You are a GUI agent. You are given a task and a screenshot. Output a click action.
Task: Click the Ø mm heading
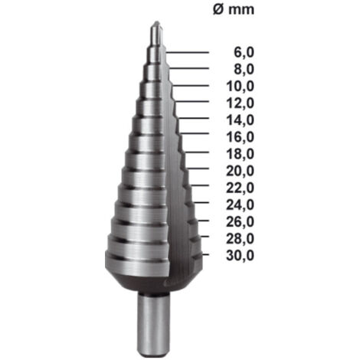tap(234, 9)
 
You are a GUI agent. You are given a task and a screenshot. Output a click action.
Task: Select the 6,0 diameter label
tap(244, 53)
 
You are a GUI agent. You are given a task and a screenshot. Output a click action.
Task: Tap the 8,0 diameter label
tap(244, 70)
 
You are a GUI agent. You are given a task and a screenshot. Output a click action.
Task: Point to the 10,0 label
tap(241, 87)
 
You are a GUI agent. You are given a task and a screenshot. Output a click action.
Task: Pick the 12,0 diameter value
tap(241, 103)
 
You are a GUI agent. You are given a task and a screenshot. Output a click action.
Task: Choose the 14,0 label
tap(241, 120)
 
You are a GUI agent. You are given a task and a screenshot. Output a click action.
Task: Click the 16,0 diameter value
tap(241, 137)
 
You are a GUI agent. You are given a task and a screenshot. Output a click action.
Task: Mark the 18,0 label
tap(241, 154)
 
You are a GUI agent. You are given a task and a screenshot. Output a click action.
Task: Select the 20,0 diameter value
tap(241, 171)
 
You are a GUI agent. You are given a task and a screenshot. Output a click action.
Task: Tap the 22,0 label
tap(241, 188)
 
